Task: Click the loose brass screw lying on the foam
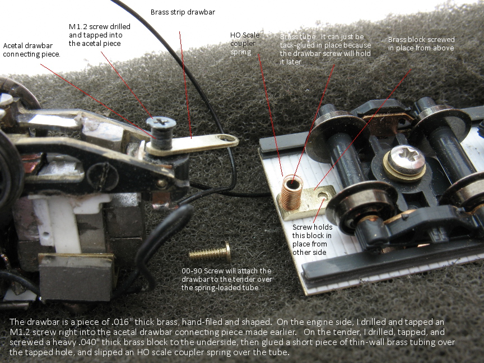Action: pyautogui.click(x=210, y=253)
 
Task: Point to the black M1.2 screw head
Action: pyautogui.click(x=161, y=123)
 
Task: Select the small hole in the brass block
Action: pyautogui.click(x=323, y=196)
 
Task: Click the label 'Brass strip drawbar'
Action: pyautogui.click(x=183, y=12)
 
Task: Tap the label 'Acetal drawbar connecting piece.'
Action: pyautogui.click(x=31, y=50)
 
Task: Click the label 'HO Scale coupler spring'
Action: pyautogui.click(x=245, y=44)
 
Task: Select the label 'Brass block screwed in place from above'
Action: pyautogui.click(x=421, y=44)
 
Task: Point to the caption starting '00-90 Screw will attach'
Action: pyautogui.click(x=227, y=279)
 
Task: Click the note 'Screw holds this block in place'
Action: pyautogui.click(x=312, y=240)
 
